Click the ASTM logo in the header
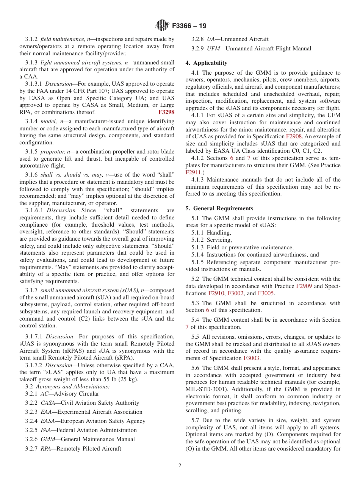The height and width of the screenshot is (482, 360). [x=162, y=26]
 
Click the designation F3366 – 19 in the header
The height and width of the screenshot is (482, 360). [x=189, y=26]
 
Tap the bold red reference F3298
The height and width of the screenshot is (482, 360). [x=166, y=112]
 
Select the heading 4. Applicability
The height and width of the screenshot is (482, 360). [x=206, y=63]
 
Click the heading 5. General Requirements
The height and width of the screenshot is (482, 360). [x=219, y=208]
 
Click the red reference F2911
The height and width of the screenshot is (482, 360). [x=193, y=172]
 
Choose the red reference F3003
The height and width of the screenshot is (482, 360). [x=251, y=358]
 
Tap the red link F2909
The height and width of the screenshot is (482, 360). [x=304, y=286]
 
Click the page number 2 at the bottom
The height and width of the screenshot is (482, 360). [x=180, y=466]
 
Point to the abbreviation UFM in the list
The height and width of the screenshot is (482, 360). [x=213, y=49]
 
